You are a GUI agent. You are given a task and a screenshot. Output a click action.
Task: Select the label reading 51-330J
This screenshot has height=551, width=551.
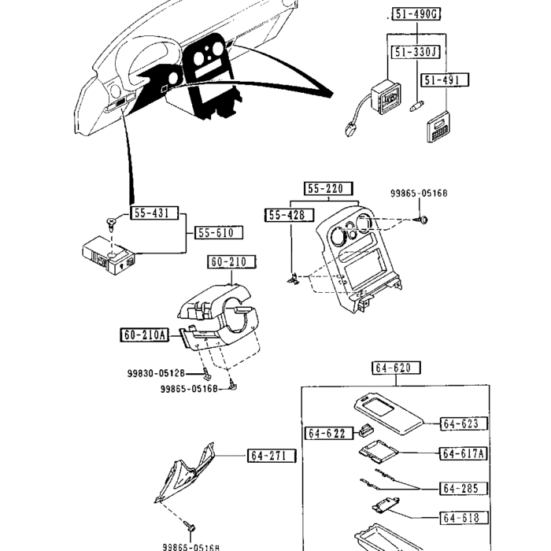tap(416, 53)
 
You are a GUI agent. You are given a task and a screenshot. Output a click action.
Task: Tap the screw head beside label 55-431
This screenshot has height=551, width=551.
tap(113, 223)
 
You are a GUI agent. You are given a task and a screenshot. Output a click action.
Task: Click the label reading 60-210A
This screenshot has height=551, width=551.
tap(145, 335)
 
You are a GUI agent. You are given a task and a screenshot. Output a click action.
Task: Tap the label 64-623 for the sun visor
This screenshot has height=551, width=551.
tap(461, 423)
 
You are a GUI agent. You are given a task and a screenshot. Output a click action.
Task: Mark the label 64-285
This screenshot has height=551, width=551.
tap(460, 488)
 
